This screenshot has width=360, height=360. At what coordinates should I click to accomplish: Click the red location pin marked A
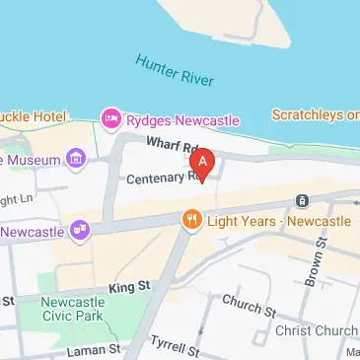(203, 160)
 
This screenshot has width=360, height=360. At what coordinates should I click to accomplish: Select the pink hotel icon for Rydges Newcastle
(111, 120)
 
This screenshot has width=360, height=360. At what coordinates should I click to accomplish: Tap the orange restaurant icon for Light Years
(190, 221)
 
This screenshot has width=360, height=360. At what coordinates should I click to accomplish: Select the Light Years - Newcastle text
(277, 221)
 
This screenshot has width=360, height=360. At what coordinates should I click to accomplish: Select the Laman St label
(89, 349)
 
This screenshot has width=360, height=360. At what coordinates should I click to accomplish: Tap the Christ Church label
(317, 329)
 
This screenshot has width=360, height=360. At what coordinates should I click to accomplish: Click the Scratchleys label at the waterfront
(315, 114)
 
